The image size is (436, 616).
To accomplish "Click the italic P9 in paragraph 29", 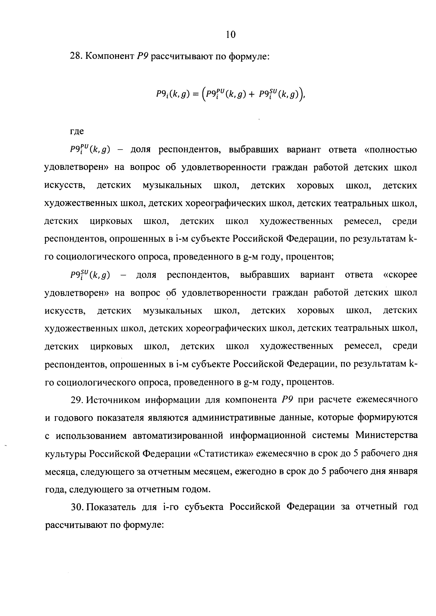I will point(287,400).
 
